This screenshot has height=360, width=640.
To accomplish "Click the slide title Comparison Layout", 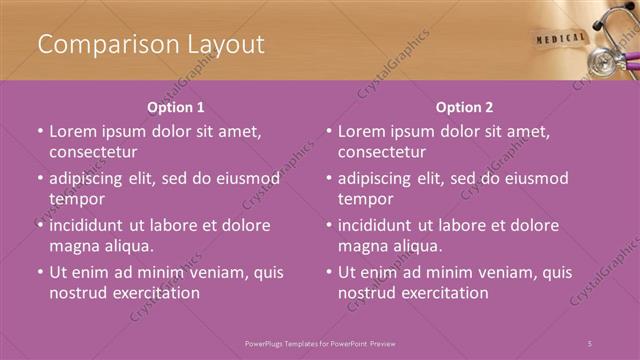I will (x=150, y=44).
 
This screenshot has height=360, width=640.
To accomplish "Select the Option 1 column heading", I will (x=176, y=107).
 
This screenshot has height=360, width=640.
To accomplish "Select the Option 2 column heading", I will (x=464, y=107).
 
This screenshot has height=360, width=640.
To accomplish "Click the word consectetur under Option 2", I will (x=382, y=152).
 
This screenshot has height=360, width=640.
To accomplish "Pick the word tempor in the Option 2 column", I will (x=364, y=199).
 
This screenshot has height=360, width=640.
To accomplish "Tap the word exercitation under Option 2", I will (x=442, y=293).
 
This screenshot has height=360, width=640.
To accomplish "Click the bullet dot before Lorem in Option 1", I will (x=40, y=132).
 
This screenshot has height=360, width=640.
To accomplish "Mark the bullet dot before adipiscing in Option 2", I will (x=329, y=179).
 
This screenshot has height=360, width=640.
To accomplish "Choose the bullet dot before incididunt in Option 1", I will (x=40, y=226).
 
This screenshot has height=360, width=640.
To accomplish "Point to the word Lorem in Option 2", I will (x=362, y=131).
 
